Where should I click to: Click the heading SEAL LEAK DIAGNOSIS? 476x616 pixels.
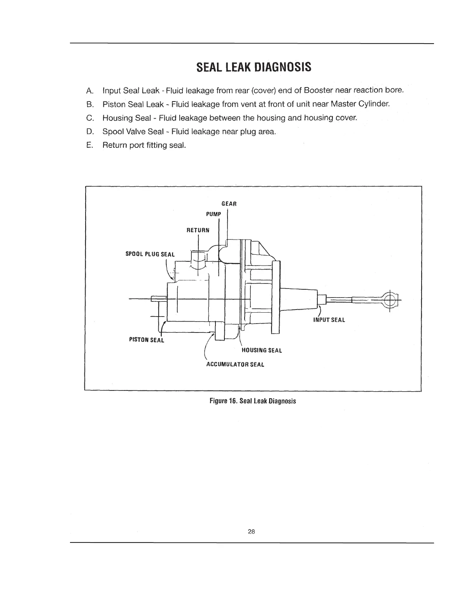254,67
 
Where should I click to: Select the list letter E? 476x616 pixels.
89,145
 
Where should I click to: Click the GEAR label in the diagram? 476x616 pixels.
229,204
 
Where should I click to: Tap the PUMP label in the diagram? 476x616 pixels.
213,214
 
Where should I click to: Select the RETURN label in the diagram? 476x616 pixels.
198,230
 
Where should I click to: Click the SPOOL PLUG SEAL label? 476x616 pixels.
150,254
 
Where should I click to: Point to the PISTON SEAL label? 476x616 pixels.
147,340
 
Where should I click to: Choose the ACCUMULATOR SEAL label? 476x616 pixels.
235,365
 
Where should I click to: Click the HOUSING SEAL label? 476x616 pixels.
262,350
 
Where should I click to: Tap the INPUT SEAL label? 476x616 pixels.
329,320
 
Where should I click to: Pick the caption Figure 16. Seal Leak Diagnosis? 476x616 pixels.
252,401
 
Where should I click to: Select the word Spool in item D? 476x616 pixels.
112,131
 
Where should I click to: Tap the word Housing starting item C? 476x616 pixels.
116,118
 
